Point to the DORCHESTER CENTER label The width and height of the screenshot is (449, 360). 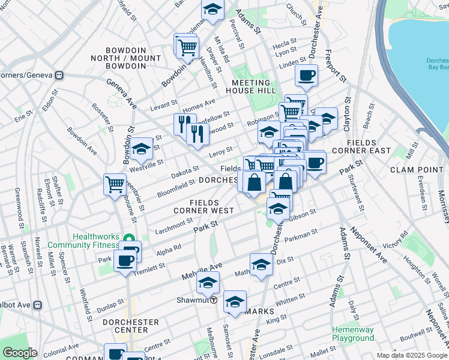131,326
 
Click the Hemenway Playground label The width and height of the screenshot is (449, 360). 353,334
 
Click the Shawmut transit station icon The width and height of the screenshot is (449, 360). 213,299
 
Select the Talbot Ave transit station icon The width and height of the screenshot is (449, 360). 38,304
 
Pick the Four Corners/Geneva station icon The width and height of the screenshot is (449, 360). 59,75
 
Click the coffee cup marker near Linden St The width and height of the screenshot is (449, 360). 306,76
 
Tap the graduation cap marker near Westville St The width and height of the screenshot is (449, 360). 142,149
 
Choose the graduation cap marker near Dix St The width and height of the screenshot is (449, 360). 261,264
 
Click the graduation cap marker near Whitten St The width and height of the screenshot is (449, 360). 235,302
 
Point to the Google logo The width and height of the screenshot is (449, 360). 20,353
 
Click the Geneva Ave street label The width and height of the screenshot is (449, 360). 121,91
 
